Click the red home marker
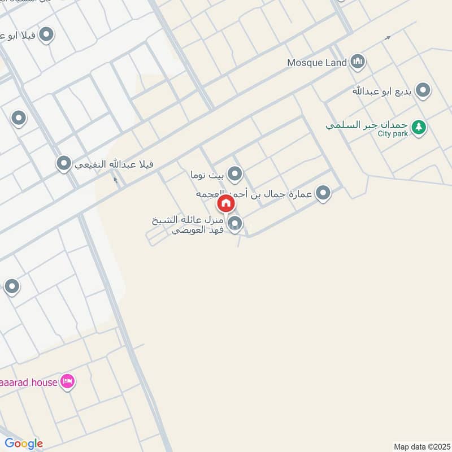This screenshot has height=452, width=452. [x=225, y=203]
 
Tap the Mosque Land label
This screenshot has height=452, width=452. [x=316, y=63]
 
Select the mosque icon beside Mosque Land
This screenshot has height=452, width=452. [x=357, y=62]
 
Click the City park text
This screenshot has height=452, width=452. [x=393, y=134]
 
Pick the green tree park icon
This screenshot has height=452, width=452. [x=418, y=127]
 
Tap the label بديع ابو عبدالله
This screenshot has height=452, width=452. [x=383, y=90]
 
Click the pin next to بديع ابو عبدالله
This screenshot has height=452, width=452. [x=422, y=90]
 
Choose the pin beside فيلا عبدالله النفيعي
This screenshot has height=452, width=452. [x=64, y=164]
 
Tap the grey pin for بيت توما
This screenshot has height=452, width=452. [x=234, y=173]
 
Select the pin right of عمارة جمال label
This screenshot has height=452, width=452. [x=323, y=194]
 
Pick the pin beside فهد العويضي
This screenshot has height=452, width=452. [x=235, y=224]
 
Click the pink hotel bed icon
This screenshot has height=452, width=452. [x=68, y=382]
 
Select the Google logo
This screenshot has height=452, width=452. [x=24, y=444]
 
